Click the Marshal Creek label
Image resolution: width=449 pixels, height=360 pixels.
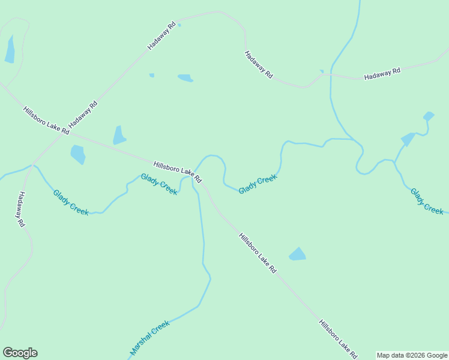[x=150, y=337]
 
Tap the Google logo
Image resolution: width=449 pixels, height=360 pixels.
[x=20, y=353]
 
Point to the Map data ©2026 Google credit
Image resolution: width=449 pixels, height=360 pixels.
[x=412, y=355]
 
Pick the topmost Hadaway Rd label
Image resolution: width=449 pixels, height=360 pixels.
[x=164, y=36]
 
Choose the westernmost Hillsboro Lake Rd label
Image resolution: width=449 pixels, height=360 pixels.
[x=46, y=120]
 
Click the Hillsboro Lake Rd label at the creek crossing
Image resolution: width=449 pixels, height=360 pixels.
[x=178, y=172]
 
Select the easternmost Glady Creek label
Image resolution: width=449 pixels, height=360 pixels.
[x=427, y=202]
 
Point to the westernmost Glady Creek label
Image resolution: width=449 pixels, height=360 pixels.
[x=71, y=202]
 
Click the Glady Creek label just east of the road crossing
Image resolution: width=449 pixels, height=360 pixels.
[x=258, y=184]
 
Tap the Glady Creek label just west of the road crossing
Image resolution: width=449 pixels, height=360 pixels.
[x=159, y=184]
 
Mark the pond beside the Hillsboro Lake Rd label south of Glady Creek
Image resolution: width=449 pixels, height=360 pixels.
[x=297, y=254]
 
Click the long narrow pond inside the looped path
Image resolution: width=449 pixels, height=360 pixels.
[x=10, y=49]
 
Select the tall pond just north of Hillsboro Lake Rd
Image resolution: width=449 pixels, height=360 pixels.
[x=119, y=136]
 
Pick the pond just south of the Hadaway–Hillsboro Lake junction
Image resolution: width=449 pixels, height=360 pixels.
[x=78, y=154]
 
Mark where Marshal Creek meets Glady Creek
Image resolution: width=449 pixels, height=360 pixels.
[x=193, y=178]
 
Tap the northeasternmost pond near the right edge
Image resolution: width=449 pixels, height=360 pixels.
[x=429, y=116]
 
